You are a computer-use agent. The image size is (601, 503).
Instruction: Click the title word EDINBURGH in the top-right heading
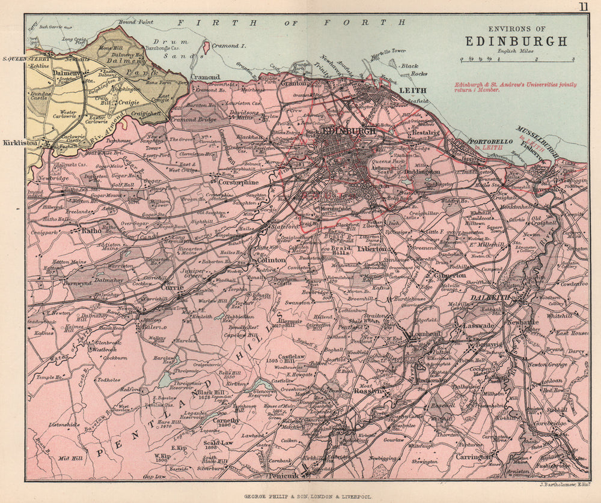click(x=516, y=41)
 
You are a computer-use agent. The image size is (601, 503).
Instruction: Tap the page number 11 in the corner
click(x=583, y=7)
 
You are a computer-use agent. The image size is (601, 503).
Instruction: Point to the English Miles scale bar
click(x=517, y=59)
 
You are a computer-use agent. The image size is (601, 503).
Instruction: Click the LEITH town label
click(x=412, y=90)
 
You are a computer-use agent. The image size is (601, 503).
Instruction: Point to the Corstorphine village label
click(x=222, y=181)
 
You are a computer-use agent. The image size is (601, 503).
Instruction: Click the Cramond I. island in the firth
click(x=218, y=46)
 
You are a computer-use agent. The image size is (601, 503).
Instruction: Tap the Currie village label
click(x=172, y=288)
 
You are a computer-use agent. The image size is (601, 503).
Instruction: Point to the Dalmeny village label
click(x=66, y=73)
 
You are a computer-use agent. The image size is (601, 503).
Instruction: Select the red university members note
click(x=515, y=87)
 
